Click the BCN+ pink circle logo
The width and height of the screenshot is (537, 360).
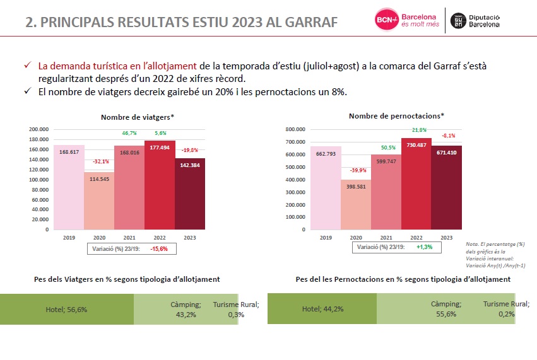[x=386, y=20]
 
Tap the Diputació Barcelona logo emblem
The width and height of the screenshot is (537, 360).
[x=458, y=20]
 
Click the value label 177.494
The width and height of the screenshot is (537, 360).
[x=160, y=146]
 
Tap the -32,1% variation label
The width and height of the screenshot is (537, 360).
[x=99, y=161]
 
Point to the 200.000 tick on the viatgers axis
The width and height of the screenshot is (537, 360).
[x=39, y=129]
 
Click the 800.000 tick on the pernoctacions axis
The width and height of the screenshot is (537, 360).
[x=295, y=129]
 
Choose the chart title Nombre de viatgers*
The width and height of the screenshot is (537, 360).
[x=138, y=117]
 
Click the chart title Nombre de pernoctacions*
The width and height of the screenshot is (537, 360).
[x=396, y=115]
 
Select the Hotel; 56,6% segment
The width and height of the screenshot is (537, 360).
[x=66, y=310]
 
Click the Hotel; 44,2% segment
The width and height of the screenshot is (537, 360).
[x=321, y=309]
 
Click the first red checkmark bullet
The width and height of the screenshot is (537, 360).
[x=27, y=66]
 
